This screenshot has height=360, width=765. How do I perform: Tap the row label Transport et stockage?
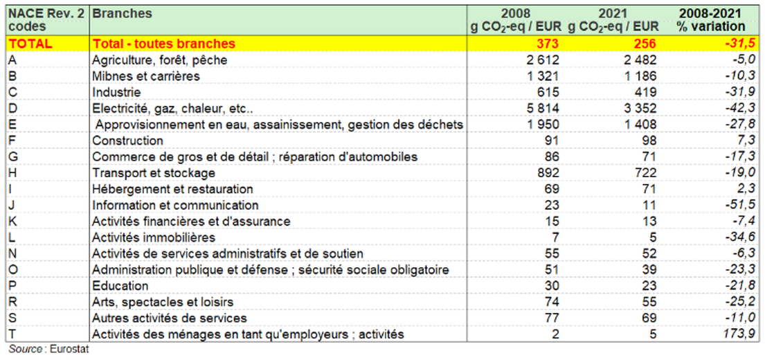pyautogui.click(x=153, y=173)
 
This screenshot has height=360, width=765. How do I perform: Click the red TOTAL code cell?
pyautogui.click(x=30, y=44)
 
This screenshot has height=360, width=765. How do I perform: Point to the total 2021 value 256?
pyautogui.click(x=643, y=44)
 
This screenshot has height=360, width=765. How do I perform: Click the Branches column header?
pyautogui.click(x=122, y=14)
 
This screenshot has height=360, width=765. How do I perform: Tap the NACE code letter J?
pyautogui.click(x=12, y=206)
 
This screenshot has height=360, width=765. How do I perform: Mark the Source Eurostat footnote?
pyautogui.click(x=48, y=350)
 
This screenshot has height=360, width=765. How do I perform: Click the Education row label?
pyautogui.click(x=120, y=286)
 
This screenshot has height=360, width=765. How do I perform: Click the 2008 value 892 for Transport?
pyautogui.click(x=546, y=173)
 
